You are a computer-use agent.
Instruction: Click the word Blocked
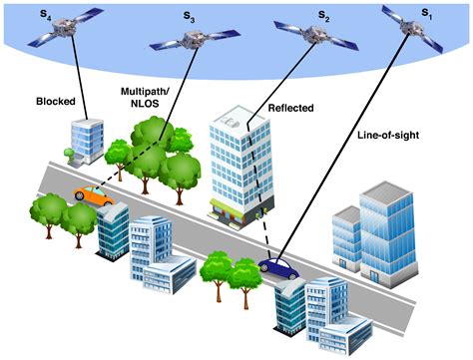(57, 101)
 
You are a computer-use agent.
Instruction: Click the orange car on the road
(93, 194)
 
